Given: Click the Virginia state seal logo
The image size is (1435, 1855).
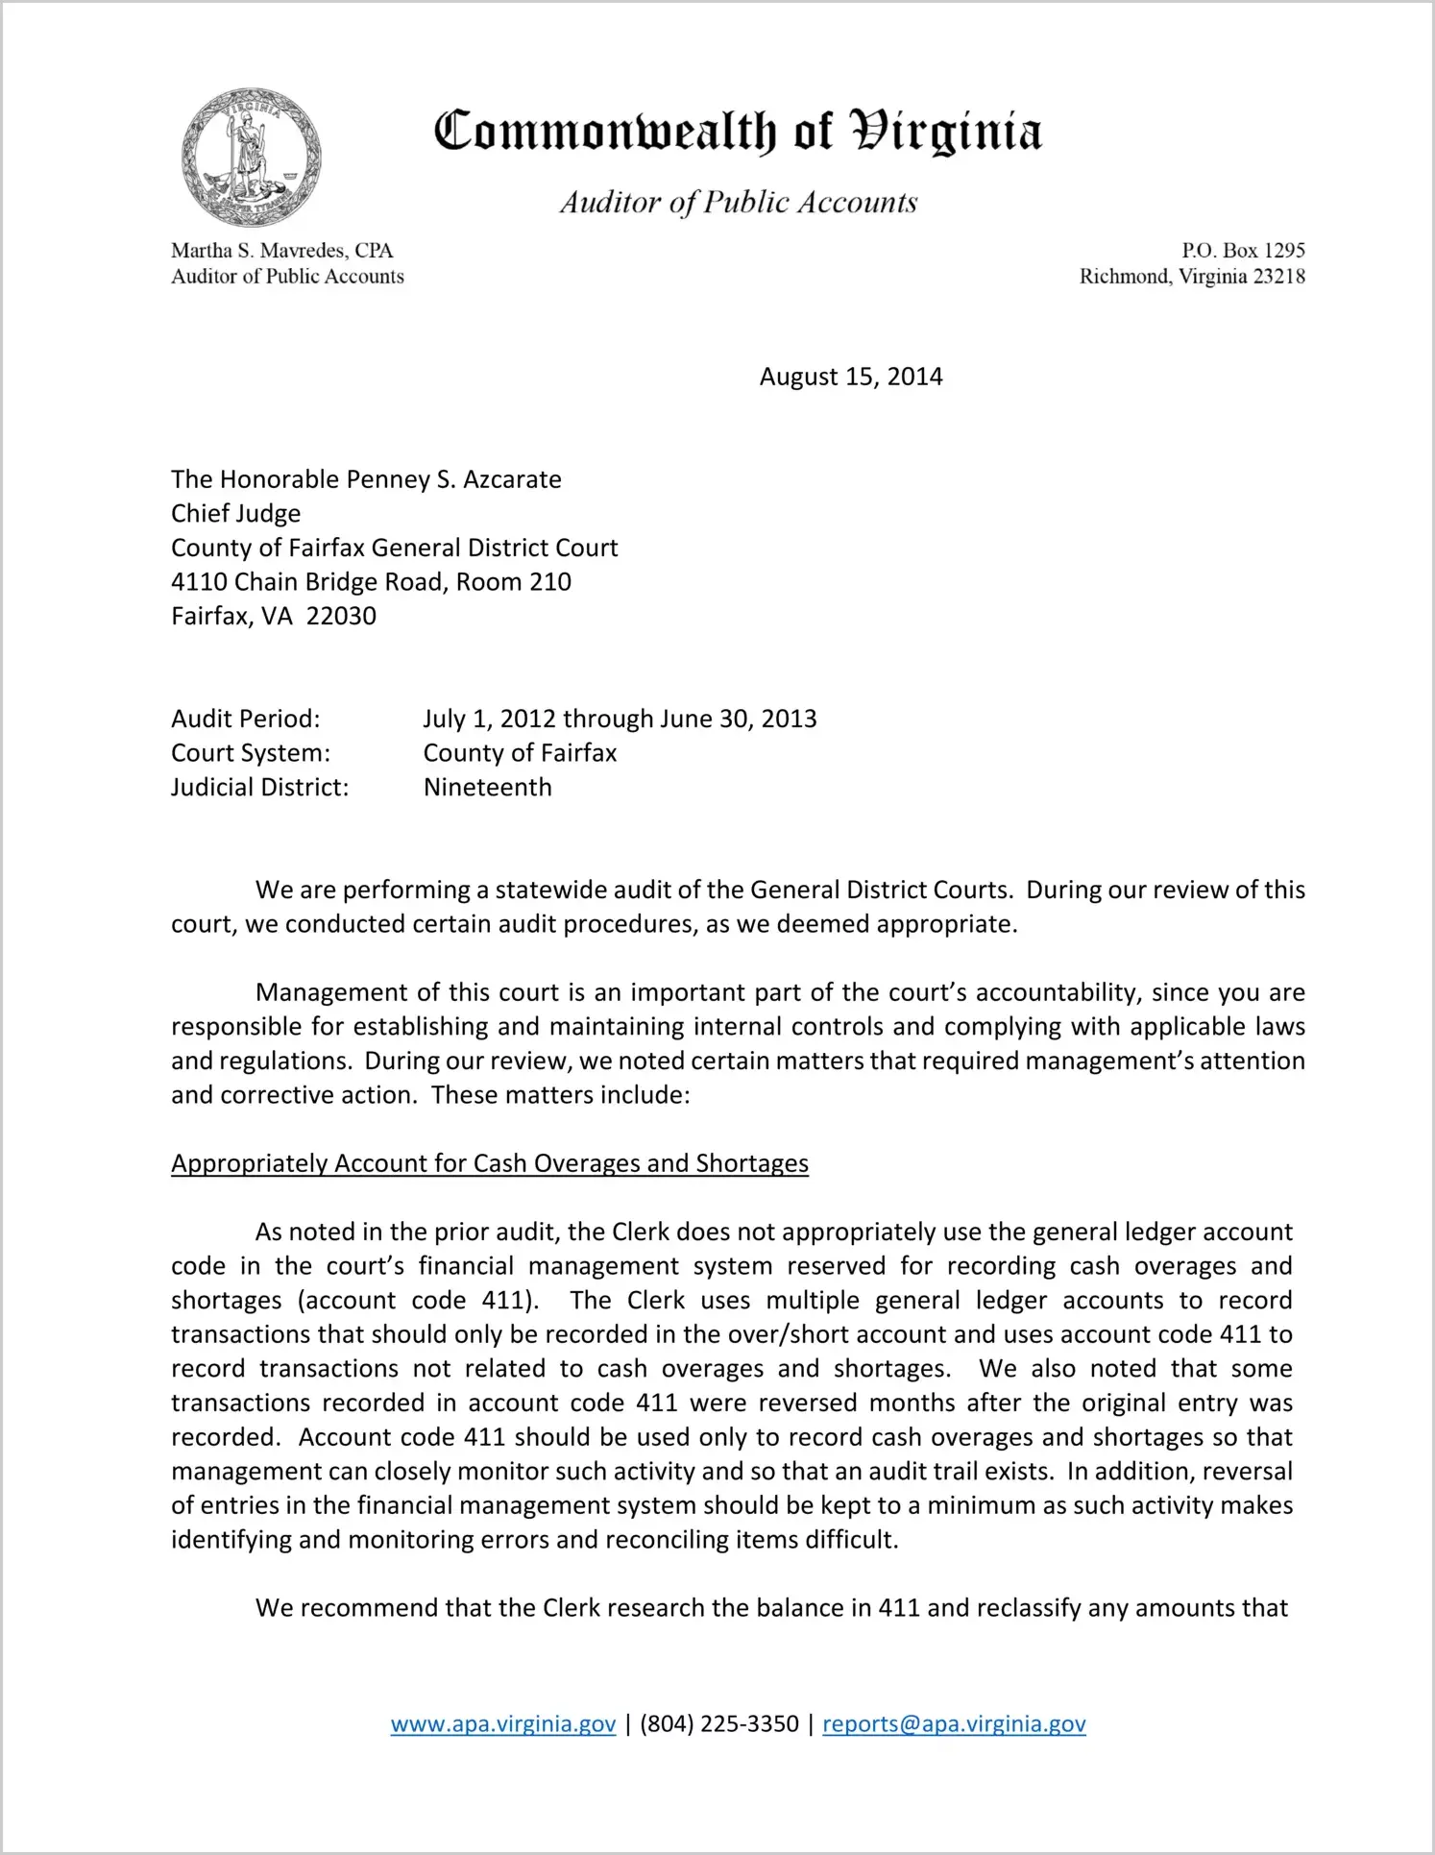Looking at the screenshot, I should tap(251, 157).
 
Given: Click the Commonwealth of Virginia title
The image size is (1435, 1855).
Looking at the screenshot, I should tap(738, 132).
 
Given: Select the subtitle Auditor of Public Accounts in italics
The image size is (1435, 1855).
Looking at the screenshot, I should tap(739, 202).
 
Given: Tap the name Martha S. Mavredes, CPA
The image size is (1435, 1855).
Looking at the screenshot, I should tap(282, 251).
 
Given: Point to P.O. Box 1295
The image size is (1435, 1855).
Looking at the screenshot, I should tap(1243, 251).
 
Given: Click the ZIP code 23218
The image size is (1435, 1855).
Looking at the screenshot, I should tap(1273, 277).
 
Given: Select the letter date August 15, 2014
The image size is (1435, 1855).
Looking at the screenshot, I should tap(851, 377).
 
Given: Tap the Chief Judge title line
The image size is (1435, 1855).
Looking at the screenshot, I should tap(236, 513).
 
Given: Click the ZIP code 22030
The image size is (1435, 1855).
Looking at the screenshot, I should tap(341, 616).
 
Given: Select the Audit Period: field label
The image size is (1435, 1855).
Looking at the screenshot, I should tap(246, 719).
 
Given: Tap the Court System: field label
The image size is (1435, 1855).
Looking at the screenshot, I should tap(251, 753).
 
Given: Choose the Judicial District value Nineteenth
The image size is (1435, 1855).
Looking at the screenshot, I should tap(488, 788).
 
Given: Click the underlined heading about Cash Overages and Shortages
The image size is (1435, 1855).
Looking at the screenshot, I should tap(490, 1163).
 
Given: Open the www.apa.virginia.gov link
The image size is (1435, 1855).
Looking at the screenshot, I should tap(503, 1723).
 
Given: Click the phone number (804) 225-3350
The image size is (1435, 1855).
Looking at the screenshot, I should tap(719, 1723).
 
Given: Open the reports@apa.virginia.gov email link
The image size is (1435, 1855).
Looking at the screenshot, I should tap(954, 1723).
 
